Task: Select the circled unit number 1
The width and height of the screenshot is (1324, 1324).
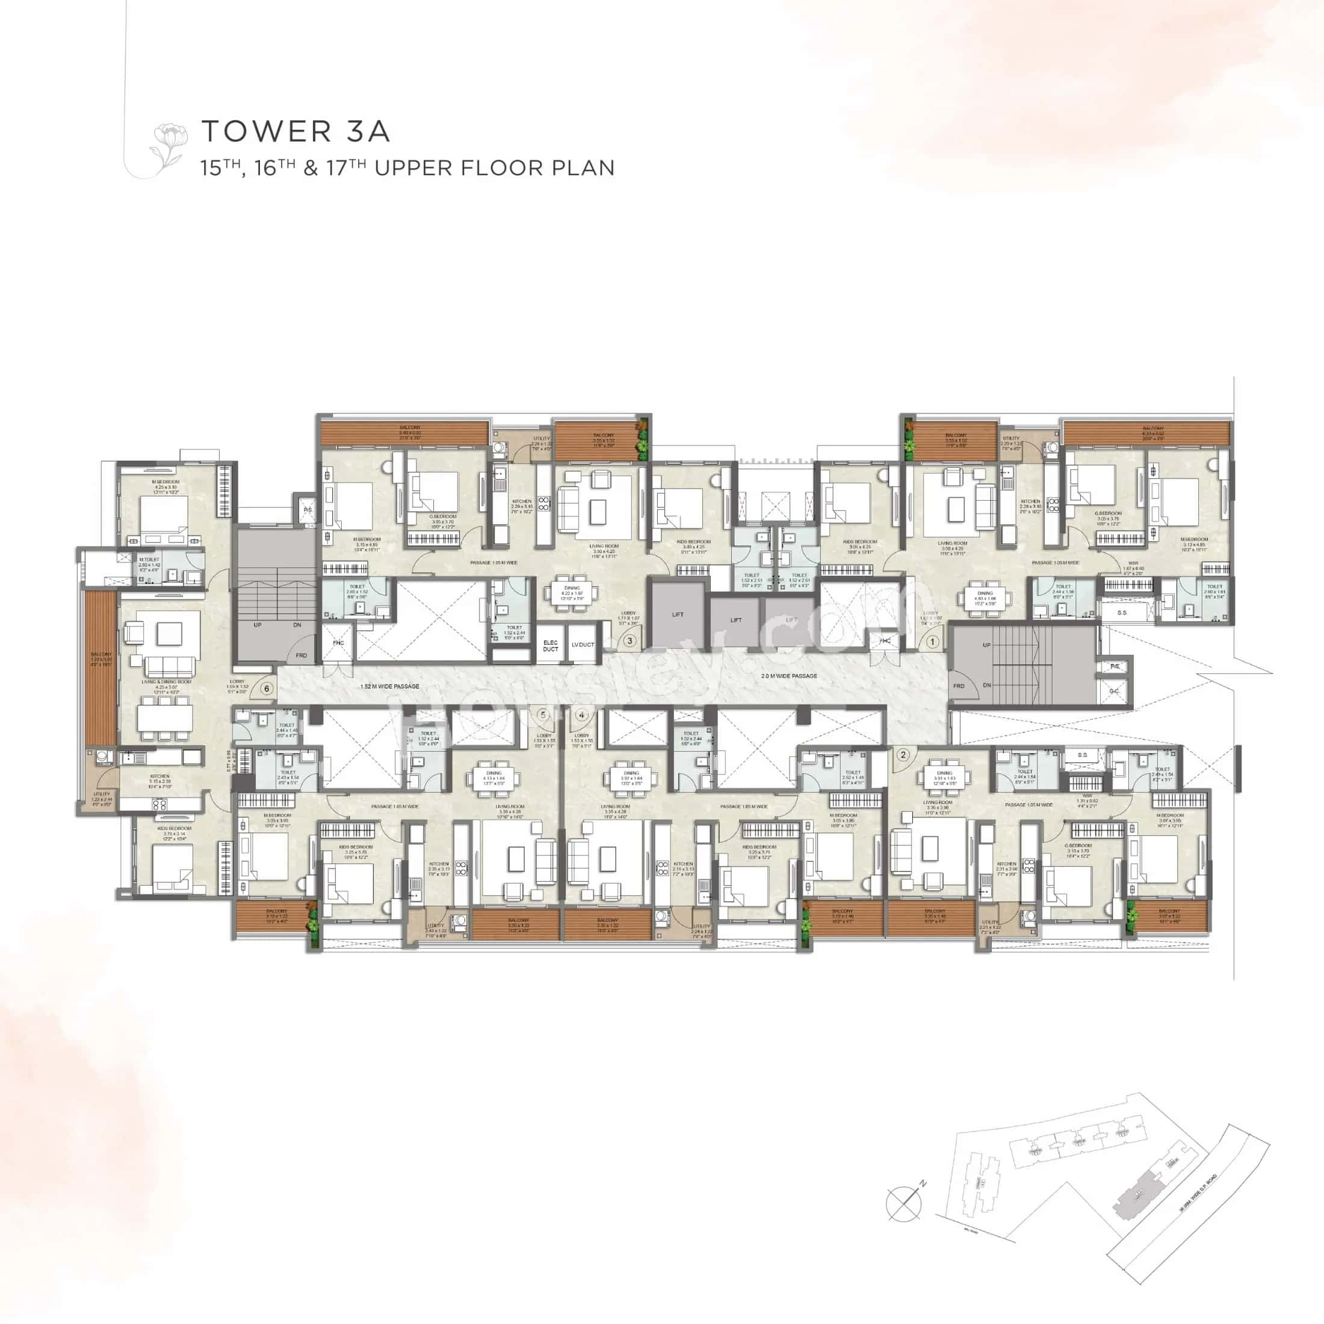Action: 932,642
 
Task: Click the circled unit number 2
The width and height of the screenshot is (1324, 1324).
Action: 903,755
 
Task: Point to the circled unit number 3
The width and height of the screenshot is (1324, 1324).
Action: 630,642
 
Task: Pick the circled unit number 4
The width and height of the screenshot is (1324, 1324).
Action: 582,715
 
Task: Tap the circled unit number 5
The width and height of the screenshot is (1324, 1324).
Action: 543,715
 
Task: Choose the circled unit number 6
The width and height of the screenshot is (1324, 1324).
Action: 267,688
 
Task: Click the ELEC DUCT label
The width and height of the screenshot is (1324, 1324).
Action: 550,646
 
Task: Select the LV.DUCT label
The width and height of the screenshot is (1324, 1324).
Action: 583,645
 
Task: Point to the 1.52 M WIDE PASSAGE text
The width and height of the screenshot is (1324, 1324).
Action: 389,686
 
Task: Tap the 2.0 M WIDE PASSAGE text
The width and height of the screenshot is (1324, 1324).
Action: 789,676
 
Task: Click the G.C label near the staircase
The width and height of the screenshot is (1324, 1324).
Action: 1113,691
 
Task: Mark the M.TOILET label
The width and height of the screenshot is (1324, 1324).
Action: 149,560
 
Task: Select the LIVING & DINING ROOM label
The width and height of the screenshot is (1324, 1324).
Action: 167,682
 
